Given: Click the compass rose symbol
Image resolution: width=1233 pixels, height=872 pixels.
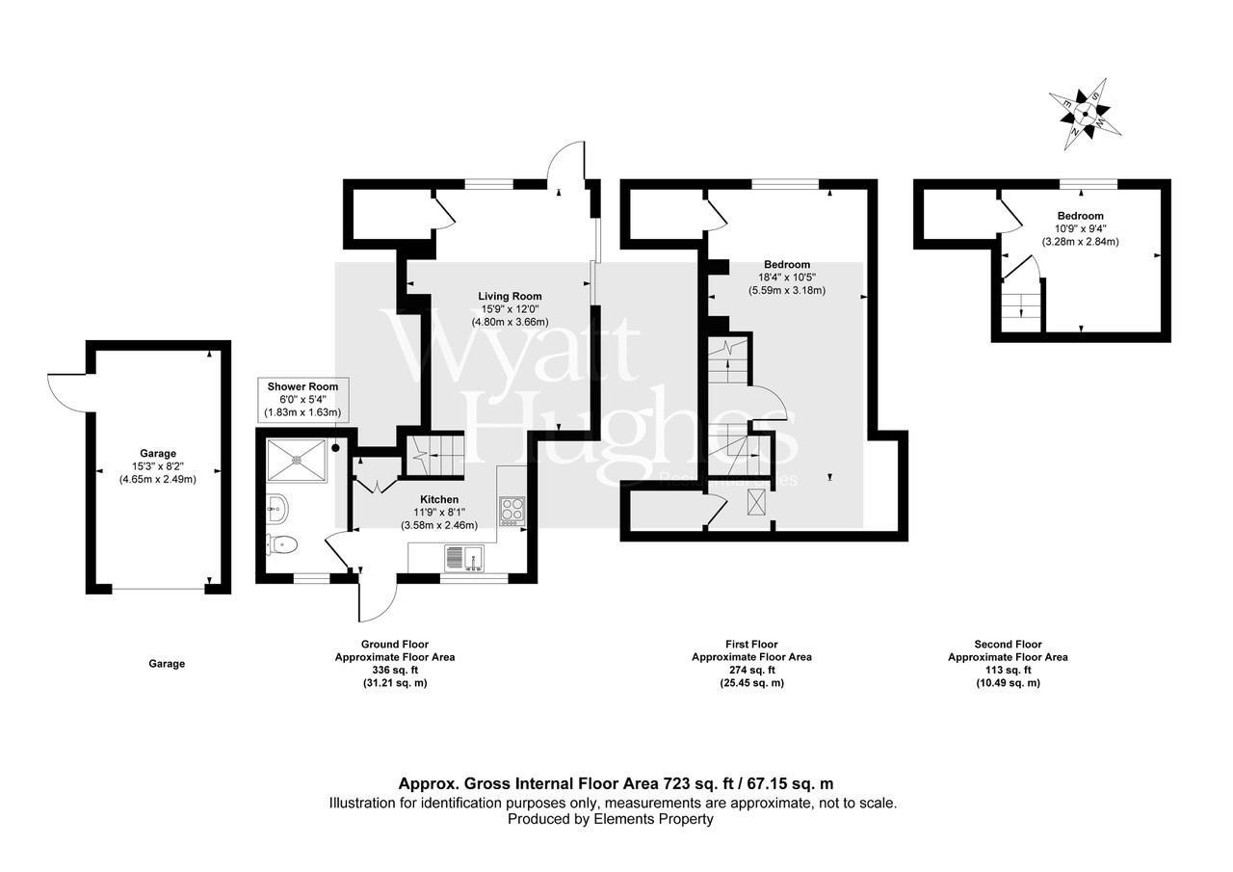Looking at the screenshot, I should pyautogui.click(x=1086, y=115).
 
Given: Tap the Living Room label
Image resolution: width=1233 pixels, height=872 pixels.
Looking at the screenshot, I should pyautogui.click(x=511, y=296).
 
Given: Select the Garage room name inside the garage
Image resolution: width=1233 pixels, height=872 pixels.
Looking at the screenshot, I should pyautogui.click(x=157, y=453).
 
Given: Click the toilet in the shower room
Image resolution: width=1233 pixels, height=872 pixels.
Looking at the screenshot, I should pyautogui.click(x=282, y=545).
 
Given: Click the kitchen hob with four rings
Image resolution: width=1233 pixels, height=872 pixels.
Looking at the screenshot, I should pyautogui.click(x=512, y=509).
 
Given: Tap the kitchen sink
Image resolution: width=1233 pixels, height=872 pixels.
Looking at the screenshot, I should pyautogui.click(x=465, y=556).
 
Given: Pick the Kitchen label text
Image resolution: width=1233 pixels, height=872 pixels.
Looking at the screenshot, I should pyautogui.click(x=438, y=499).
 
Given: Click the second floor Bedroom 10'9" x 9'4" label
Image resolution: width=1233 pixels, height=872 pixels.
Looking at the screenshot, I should pyautogui.click(x=1080, y=228).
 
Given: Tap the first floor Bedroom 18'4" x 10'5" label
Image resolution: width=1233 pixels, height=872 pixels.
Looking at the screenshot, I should pyautogui.click(x=786, y=277).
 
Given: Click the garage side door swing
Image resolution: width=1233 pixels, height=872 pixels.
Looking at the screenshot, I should pyautogui.click(x=66, y=390).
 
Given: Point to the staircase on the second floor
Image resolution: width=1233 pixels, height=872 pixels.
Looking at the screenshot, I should pyautogui.click(x=1021, y=305).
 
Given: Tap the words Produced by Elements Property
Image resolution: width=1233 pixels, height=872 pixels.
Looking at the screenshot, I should pyautogui.click(x=611, y=819).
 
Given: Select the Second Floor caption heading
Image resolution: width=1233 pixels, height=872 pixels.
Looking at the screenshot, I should pyautogui.click(x=1008, y=645).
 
